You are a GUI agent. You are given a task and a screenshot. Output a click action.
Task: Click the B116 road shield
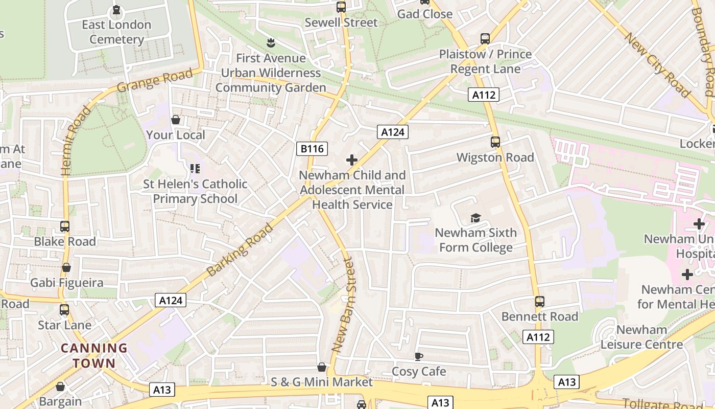click(312, 149)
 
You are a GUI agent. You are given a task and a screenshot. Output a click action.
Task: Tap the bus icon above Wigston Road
click(495, 142)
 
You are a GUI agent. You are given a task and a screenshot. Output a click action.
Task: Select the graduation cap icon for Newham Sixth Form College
click(475, 218)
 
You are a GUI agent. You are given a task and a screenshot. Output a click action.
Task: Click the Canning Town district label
click(94, 356)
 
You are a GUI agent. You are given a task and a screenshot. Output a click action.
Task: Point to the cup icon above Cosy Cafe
click(419, 356)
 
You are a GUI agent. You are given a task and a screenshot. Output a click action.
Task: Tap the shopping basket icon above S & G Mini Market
click(322, 367)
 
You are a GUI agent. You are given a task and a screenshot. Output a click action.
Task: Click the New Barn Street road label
click(343, 305)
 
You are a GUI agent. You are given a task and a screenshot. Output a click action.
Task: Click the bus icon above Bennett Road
click(540, 302)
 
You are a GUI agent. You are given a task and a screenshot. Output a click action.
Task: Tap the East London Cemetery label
click(116, 32)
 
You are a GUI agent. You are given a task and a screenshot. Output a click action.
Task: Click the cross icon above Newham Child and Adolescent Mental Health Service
click(352, 160)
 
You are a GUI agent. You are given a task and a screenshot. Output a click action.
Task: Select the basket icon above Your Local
click(176, 120)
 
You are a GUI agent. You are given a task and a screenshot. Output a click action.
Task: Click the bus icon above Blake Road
click(65, 226)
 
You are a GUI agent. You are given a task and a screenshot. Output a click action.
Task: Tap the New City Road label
click(657, 65)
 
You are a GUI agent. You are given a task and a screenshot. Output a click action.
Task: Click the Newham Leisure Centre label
click(641, 337)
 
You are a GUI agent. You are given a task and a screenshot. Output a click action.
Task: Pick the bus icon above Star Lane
click(64, 310)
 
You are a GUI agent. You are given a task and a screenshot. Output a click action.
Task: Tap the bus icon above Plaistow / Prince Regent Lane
click(485, 39)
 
